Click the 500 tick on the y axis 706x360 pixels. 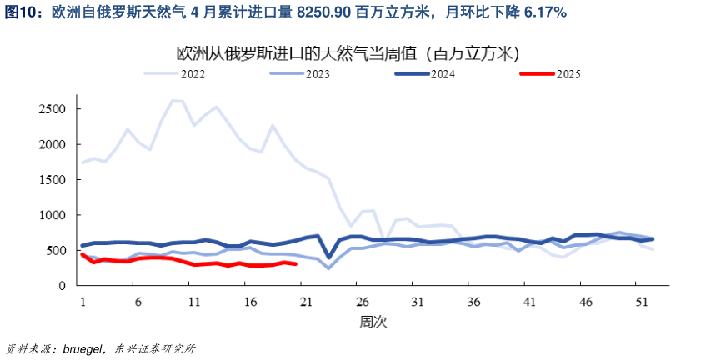click(x=56, y=250)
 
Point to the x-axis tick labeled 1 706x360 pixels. click(x=82, y=301)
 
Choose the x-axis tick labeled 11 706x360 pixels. click(x=193, y=301)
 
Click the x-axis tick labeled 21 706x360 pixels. click(x=304, y=301)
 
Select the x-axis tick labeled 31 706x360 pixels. click(x=416, y=301)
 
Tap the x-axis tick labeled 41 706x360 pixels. click(x=528, y=301)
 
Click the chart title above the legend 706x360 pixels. click(x=349, y=53)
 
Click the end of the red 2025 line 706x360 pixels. click(x=295, y=264)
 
